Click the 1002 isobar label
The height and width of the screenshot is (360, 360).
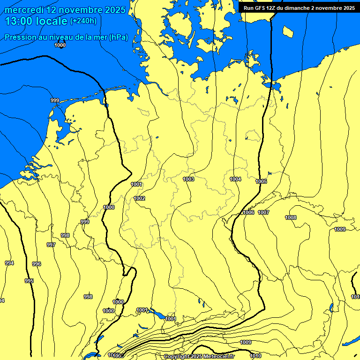click(139, 198)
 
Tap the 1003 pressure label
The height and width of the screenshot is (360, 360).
click(188, 179)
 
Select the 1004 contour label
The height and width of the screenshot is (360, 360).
click(235, 179)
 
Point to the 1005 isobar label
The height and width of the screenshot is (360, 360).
click(261, 181)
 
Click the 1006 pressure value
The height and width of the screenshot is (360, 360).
click(248, 213)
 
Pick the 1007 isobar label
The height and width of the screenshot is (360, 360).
click(263, 212)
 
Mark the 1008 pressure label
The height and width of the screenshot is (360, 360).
click(291, 217)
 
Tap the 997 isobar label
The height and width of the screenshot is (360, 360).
click(51, 245)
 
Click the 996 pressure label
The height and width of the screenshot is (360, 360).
click(37, 264)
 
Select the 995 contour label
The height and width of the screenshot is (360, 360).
click(29, 281)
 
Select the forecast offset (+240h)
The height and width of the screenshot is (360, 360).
click(83, 21)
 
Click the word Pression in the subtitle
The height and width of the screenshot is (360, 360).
click(21, 37)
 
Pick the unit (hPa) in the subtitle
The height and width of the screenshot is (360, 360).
click(118, 37)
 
